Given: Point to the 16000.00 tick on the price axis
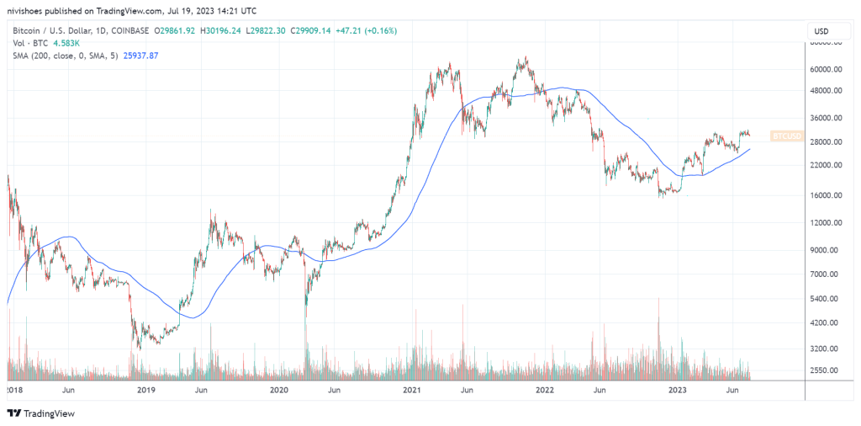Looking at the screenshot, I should (x=825, y=195).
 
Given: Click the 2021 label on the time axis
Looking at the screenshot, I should (x=412, y=391).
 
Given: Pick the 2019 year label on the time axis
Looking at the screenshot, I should (x=146, y=391).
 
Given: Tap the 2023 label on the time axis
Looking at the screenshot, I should (x=677, y=391).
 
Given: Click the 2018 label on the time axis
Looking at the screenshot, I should (x=14, y=391).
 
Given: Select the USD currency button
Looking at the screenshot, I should (x=821, y=31).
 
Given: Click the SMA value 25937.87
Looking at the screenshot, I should (x=140, y=55).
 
